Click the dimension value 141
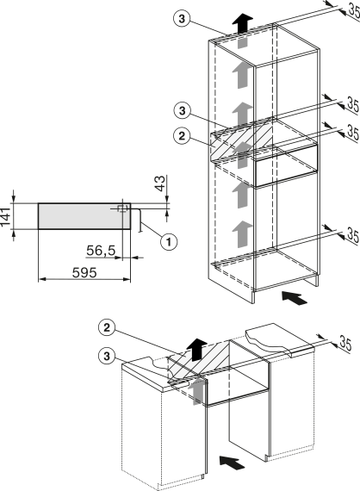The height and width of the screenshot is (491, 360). tap(5, 216)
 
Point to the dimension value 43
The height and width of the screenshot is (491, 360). tap(159, 183)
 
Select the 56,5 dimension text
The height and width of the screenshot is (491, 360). tap(101, 251)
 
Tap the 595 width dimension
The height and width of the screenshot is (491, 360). tap(84, 273)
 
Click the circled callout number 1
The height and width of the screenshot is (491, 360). tap(169, 242)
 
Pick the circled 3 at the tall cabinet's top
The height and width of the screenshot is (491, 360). tap(182, 19)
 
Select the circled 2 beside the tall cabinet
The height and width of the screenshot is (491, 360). tap(182, 136)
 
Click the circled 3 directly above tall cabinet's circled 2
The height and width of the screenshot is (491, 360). tap(183, 110)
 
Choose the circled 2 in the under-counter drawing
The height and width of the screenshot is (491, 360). tap(107, 327)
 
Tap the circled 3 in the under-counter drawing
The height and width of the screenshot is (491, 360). tap(107, 356)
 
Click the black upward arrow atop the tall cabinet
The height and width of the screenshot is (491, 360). tap(242, 23)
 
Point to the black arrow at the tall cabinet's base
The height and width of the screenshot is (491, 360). tap(295, 298)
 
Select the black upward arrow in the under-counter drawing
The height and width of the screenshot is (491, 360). tap(197, 349)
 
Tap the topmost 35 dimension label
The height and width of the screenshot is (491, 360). tap(354, 11)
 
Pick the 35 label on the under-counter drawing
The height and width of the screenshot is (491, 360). tap(345, 344)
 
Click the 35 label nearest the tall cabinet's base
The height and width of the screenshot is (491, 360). tap(353, 235)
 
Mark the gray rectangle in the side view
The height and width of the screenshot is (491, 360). tap(84, 216)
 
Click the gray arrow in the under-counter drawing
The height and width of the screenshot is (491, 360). tap(196, 390)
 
